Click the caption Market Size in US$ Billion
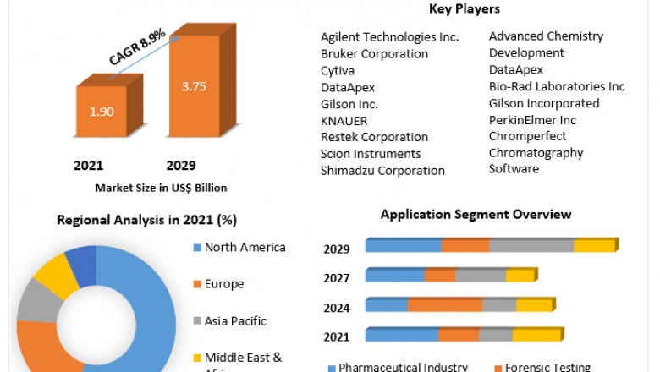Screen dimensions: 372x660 click(161, 188)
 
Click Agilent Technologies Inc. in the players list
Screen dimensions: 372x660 click(389, 37)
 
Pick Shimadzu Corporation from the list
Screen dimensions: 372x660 click(382, 171)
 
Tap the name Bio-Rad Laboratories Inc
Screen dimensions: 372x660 click(557, 86)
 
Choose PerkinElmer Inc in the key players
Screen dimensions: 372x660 click(532, 120)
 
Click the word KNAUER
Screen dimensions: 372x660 click(344, 121)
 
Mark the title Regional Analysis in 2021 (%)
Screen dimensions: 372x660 click(146, 220)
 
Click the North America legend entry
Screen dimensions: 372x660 click(244, 248)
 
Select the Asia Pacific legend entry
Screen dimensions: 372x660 click(234, 321)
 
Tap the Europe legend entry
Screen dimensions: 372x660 click(223, 284)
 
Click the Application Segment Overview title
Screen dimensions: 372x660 click(476, 215)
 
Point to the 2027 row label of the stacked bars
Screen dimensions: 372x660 click(337, 277)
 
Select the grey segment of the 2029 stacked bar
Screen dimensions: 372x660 click(531, 245)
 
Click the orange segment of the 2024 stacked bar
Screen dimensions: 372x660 click(444, 305)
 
